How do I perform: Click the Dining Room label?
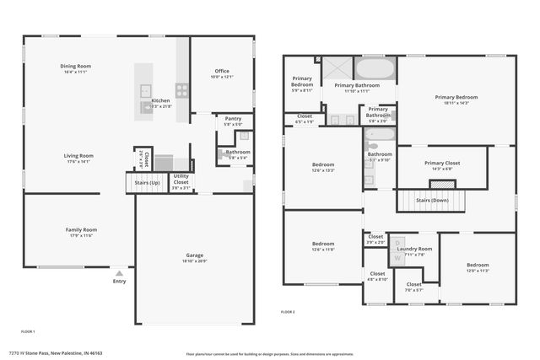point(76,66)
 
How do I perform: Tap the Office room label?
point(221,72)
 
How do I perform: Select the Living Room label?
point(78,156)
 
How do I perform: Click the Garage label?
point(194,255)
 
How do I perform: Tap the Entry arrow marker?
point(119,273)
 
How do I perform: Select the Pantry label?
point(233,119)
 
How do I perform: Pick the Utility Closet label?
point(181,180)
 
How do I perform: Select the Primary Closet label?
point(441,164)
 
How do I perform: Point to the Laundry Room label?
point(416,249)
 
